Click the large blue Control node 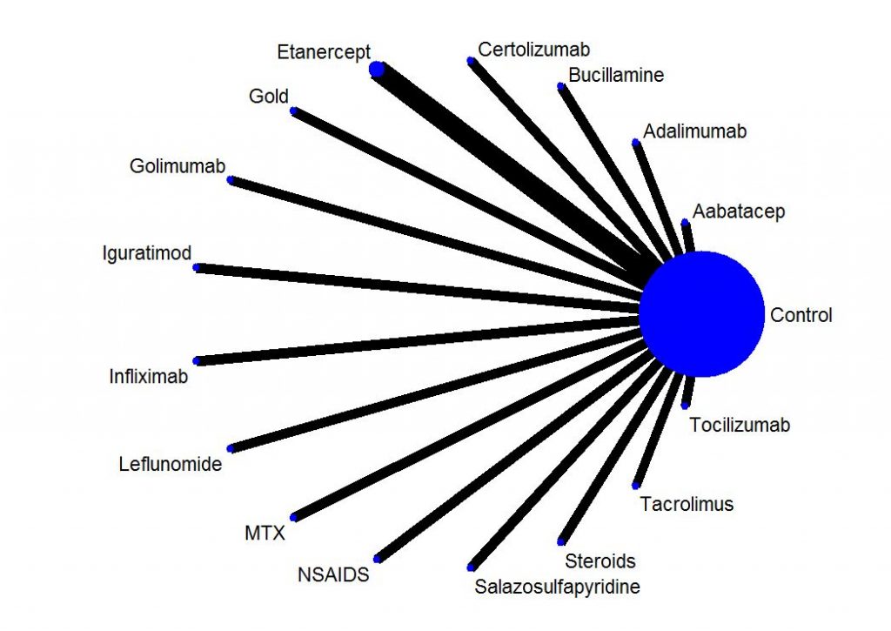pos(702,314)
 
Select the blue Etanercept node pos(377,69)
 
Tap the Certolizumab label pos(533,50)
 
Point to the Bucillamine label pos(616,75)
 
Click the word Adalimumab pos(694,131)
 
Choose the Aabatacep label pos(739,211)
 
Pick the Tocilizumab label pos(740,425)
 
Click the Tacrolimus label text pos(687,504)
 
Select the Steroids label pos(600,561)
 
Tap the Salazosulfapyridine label pos(558,587)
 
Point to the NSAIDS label pos(333,574)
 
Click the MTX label pos(265,534)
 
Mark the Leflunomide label pos(171,464)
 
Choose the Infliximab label pos(148,376)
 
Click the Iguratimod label pos(146,253)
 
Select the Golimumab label pos(178,166)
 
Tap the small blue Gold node pos(294,111)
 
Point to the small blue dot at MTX pos(294,517)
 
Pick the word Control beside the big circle pos(801,315)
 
